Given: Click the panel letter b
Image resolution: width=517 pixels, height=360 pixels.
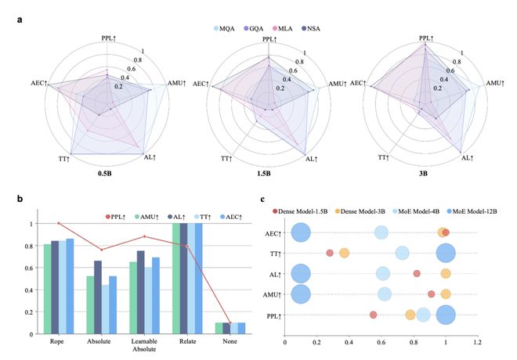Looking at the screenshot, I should pos(20,198).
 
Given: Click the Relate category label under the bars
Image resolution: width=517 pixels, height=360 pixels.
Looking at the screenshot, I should pos(185,342).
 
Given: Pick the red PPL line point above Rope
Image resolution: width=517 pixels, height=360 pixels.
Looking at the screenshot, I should pos(59,223).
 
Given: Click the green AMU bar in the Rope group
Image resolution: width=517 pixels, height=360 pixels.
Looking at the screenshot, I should pos(48,289).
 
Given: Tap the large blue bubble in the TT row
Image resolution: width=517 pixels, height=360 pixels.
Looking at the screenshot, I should pos(446,253).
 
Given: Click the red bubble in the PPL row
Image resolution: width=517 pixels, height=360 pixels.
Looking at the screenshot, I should pos(373,315).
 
